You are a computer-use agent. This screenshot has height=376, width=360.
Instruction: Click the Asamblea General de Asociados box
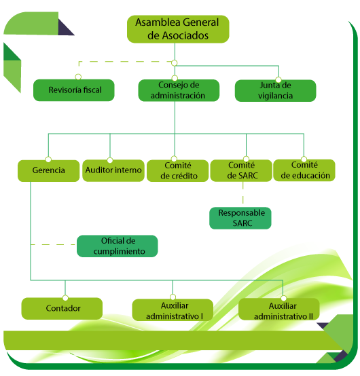[x=178, y=29]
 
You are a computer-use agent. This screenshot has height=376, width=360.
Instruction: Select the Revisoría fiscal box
[x=73, y=90]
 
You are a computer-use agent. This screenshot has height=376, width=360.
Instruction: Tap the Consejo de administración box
[x=179, y=90]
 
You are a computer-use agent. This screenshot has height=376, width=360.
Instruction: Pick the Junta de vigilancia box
[x=275, y=91]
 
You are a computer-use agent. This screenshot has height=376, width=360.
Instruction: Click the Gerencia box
[x=48, y=171]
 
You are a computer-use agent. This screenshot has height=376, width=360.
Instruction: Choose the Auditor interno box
[x=113, y=170]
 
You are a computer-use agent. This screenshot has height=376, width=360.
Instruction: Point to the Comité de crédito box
[x=177, y=170]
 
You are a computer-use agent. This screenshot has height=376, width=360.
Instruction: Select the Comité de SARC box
[x=241, y=170]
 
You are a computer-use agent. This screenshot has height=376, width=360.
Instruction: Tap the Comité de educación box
[x=304, y=170]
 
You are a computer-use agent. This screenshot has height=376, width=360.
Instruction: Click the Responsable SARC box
[x=240, y=218]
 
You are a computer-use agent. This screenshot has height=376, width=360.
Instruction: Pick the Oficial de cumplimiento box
[x=117, y=246]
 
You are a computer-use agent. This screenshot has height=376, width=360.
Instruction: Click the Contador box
[x=62, y=308]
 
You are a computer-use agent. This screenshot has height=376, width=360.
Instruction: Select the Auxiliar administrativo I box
[x=173, y=309]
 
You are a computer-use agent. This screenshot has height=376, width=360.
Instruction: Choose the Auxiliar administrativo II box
[x=279, y=309]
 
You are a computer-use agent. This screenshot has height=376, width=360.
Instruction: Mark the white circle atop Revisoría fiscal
[x=78, y=77]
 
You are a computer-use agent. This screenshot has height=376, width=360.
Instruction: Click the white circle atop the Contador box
[x=65, y=298]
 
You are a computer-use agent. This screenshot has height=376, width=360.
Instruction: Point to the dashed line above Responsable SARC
[x=243, y=193]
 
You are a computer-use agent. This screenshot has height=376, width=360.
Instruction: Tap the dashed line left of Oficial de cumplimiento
[x=53, y=244]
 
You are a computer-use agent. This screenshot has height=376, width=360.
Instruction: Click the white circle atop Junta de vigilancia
[x=278, y=79]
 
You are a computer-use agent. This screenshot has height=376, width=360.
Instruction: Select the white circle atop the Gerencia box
[x=48, y=159]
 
